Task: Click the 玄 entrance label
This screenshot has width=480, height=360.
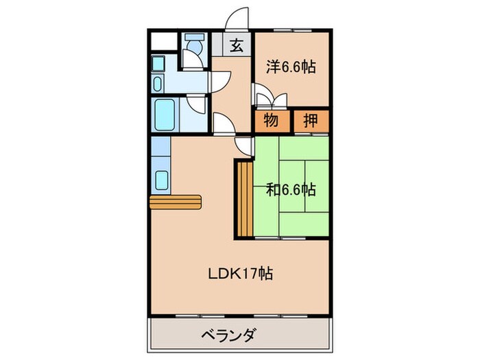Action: click(236, 46)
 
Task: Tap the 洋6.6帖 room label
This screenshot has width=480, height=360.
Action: click(291, 67)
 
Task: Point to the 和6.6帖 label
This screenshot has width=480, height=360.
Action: click(291, 189)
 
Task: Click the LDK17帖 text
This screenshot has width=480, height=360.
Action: click(241, 274)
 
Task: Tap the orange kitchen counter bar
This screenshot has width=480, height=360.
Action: click(175, 201)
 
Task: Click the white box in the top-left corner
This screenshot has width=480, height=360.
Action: click(163, 40)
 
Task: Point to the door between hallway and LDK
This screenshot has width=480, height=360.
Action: click(224, 123)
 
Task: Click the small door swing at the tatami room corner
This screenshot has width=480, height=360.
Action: click(244, 144)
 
